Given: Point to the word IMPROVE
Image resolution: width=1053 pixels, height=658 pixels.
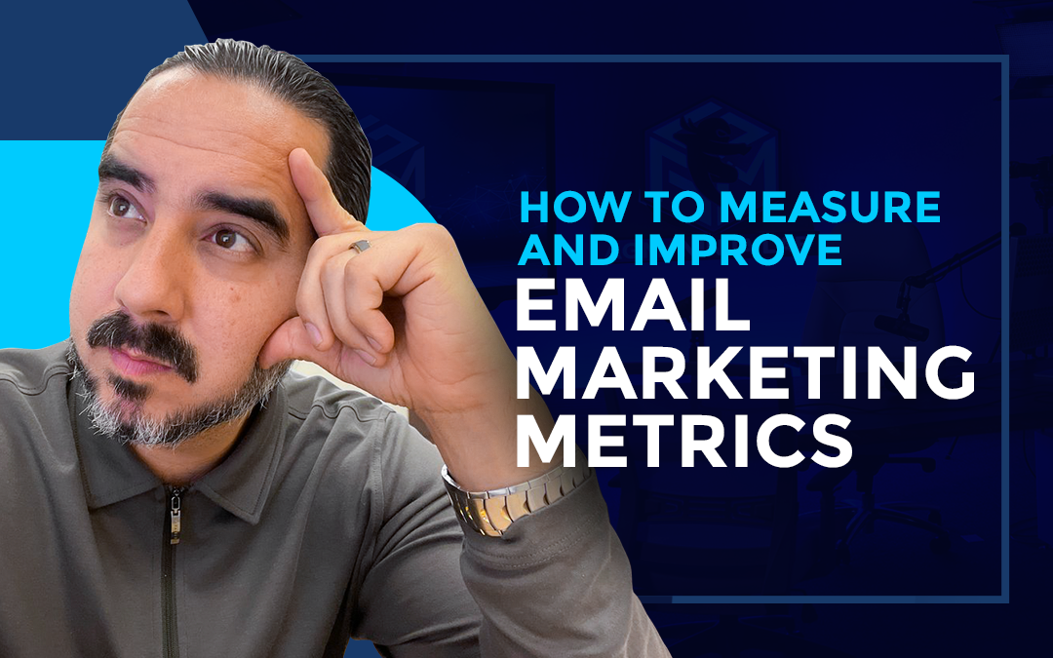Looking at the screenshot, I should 739,250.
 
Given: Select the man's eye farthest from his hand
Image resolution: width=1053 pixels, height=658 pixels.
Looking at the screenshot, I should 120,206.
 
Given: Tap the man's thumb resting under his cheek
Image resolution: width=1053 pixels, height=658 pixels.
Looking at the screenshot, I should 292,336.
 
